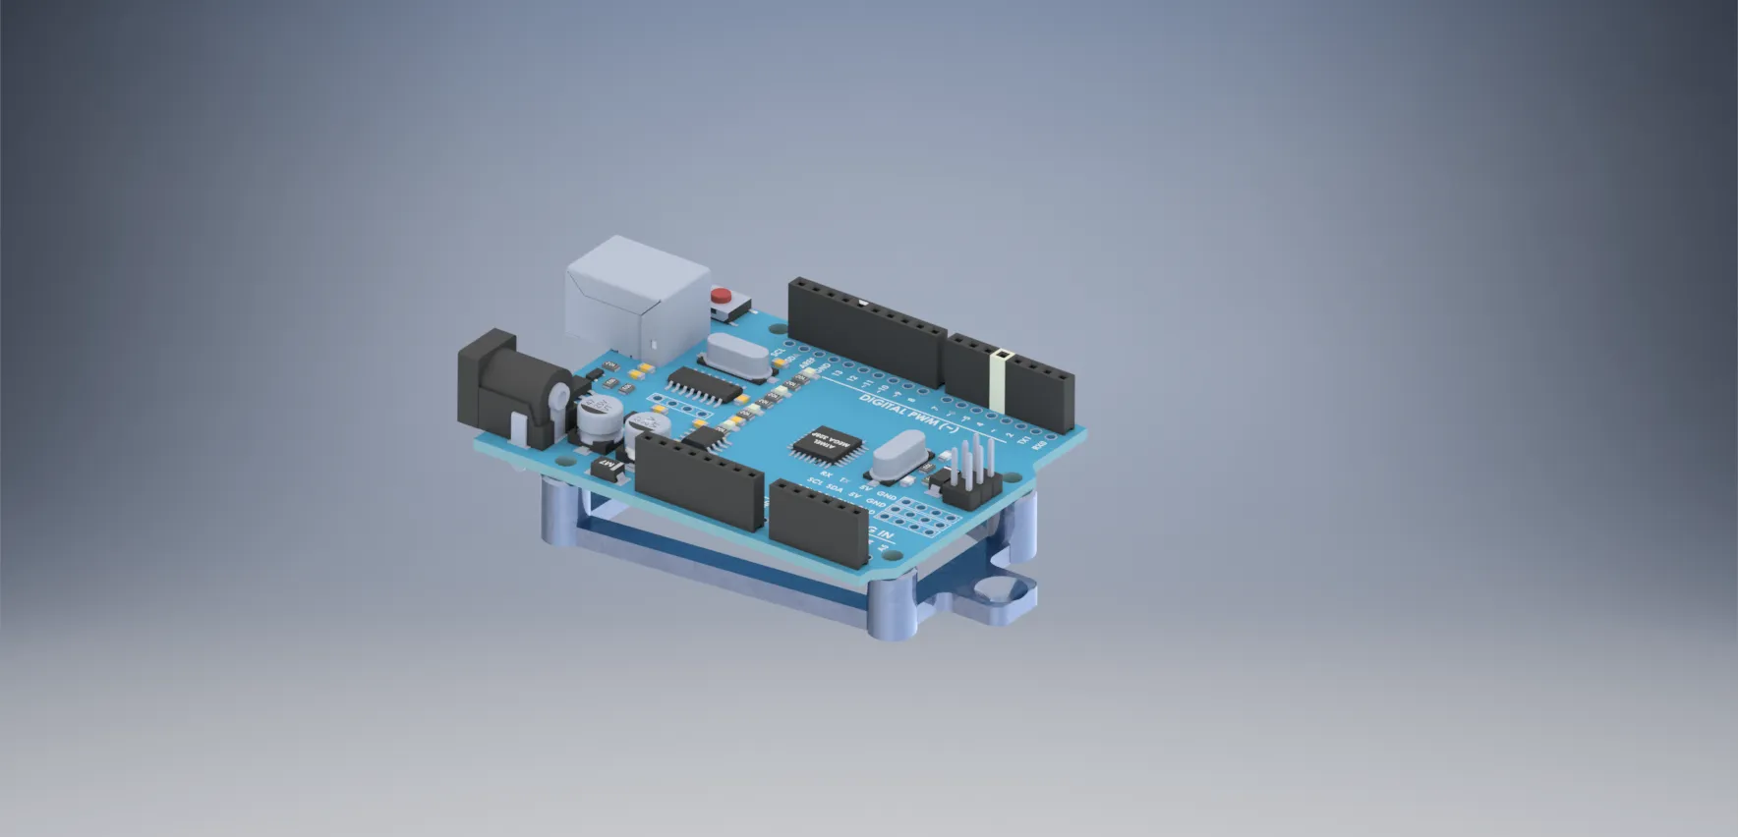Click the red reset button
pyautogui.click(x=723, y=295)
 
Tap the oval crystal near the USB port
pyautogui.click(x=737, y=356)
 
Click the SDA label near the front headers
pyautogui.click(x=835, y=487)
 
